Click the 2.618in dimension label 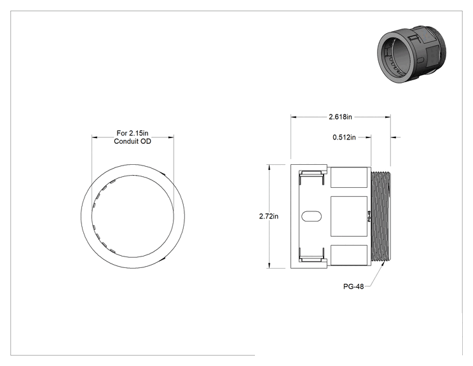pyautogui.click(x=340, y=116)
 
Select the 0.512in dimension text pyautogui.click(x=344, y=137)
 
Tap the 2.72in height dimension pyautogui.click(x=269, y=216)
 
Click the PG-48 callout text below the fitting pyautogui.click(x=353, y=286)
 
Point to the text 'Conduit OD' pyautogui.click(x=132, y=141)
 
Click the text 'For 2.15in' pyautogui.click(x=132, y=133)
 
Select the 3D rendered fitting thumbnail pyautogui.click(x=411, y=54)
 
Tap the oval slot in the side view pyautogui.click(x=312, y=216)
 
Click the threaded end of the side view pyautogui.click(x=381, y=216)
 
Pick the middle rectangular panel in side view pyautogui.click(x=349, y=216)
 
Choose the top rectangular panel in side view pyautogui.click(x=349, y=178)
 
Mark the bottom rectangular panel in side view pyautogui.click(x=349, y=255)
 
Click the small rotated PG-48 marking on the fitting pyautogui.click(x=369, y=216)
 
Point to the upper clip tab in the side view pyautogui.click(x=312, y=177)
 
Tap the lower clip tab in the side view pyautogui.click(x=312, y=255)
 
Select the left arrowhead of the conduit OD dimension pyautogui.click(x=95, y=137)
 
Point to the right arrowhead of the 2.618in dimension pyautogui.click(x=388, y=117)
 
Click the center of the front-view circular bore pyautogui.click(x=133, y=216)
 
